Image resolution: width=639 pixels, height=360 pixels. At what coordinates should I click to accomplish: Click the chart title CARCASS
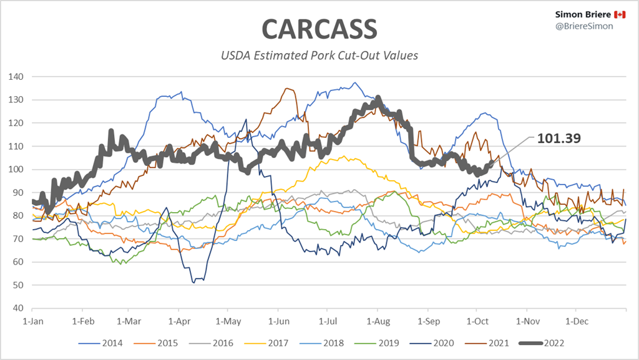319,29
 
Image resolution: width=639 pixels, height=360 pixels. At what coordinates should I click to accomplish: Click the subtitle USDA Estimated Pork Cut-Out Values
319,56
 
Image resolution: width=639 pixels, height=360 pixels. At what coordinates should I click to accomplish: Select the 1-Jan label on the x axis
32,322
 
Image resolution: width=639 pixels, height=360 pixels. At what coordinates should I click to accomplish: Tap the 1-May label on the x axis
228,322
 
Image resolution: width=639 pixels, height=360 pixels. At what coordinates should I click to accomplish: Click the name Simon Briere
573,14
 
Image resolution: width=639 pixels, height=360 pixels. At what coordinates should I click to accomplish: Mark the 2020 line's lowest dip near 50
194,282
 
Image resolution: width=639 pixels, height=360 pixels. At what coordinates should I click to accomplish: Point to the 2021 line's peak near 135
287,89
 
